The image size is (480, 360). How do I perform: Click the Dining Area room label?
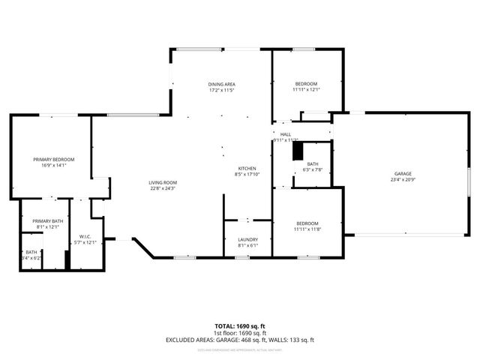pos(222,83)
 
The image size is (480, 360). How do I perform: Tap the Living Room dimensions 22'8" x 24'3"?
pos(161,188)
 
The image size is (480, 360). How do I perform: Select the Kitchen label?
pos(247,168)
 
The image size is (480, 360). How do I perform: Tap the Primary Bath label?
pos(47,221)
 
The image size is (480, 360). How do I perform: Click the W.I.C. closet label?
pos(85,236)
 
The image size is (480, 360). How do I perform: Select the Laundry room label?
pos(247,239)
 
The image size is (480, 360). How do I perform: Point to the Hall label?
pos(286,134)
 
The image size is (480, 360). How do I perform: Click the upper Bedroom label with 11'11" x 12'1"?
pos(306,83)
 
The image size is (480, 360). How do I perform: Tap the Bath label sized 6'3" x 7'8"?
pos(312,163)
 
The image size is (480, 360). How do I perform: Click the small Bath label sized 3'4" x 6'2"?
pos(31,252)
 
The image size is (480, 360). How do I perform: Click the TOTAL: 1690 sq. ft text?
pos(239,326)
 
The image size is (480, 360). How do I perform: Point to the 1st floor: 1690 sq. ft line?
pos(239,333)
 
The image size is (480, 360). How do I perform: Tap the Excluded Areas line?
pos(239,340)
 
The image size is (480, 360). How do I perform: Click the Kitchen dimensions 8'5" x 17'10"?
pos(247,175)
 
